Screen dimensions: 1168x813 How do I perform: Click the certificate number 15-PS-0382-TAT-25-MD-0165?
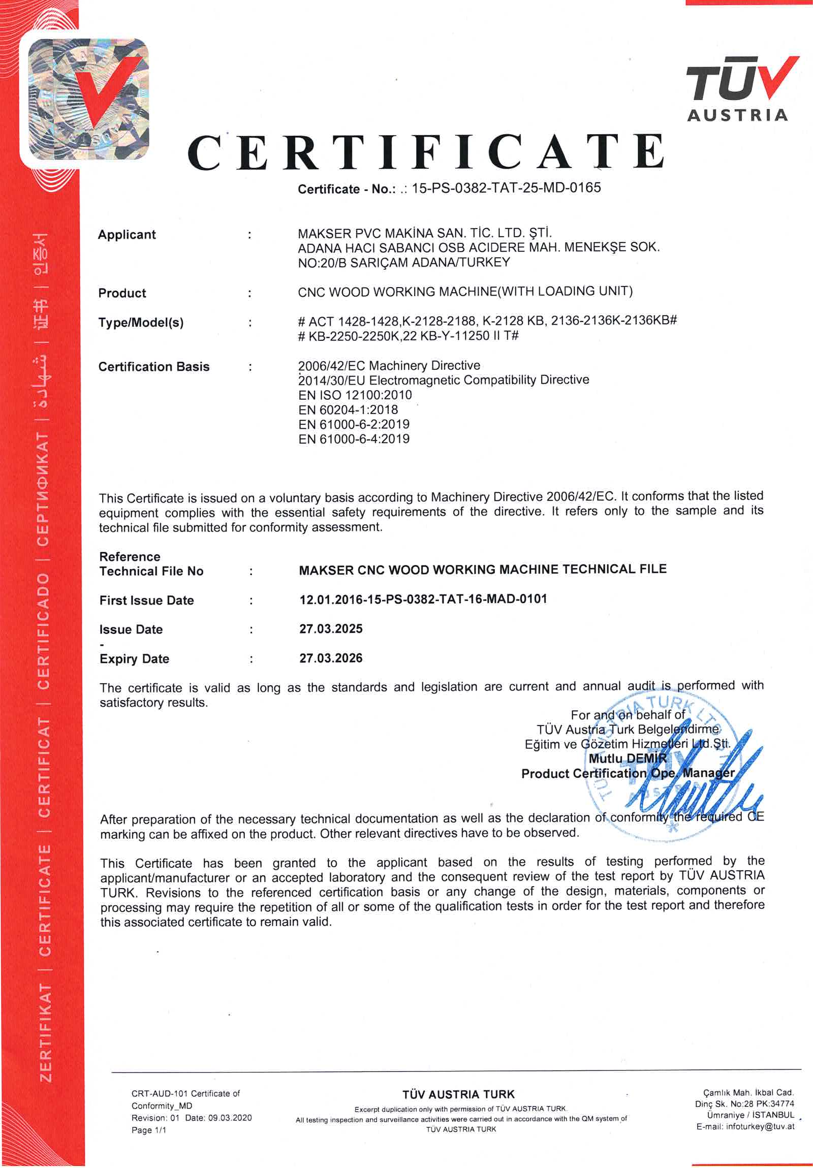coord(506,187)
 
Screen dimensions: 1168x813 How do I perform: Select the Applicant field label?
coord(127,235)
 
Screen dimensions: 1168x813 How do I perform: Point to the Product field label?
coord(122,293)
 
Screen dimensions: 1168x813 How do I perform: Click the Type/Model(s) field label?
coord(141,323)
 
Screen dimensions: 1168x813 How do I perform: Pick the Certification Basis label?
coord(153,367)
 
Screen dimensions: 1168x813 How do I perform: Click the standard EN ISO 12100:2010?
coord(355,395)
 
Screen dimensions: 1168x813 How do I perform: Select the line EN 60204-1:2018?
coord(348,409)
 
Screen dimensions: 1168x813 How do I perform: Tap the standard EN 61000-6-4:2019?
coord(354,439)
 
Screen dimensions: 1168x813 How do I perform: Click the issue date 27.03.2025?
coord(331,629)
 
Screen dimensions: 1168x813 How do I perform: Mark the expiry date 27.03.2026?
coord(331,658)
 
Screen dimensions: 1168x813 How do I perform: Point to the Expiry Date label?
coord(134,659)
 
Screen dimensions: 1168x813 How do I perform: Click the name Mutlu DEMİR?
coord(628,759)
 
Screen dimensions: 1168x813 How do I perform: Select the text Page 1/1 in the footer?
coord(148,1130)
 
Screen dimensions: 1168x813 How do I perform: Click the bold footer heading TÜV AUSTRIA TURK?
coord(458,1094)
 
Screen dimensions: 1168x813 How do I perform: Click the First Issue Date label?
coord(146,601)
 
